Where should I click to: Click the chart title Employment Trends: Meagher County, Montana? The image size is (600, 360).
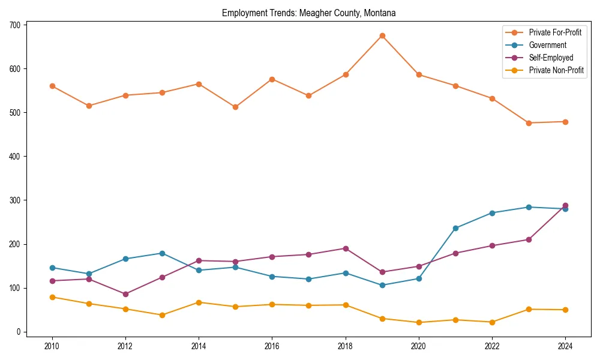point(308,13)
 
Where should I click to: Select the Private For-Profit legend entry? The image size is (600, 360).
point(555,32)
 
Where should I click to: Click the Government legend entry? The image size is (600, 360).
point(547,45)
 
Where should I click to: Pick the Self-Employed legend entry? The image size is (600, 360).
point(551,58)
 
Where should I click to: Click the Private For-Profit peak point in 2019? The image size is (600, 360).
point(382,35)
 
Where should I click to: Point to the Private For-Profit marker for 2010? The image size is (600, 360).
point(52,86)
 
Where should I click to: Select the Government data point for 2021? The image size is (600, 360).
point(455,228)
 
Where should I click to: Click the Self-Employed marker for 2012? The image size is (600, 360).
point(125,294)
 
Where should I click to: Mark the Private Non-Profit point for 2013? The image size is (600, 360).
point(162,315)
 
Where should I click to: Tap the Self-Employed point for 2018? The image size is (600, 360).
point(345,248)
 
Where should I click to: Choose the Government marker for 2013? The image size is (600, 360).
point(162,253)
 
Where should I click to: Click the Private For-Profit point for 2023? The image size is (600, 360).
point(529,123)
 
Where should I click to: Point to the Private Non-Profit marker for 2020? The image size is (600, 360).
point(418,322)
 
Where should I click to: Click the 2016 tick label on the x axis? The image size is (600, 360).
point(272,346)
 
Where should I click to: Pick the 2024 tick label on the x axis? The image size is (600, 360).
point(565,346)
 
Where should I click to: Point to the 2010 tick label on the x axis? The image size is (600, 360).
point(52,346)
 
